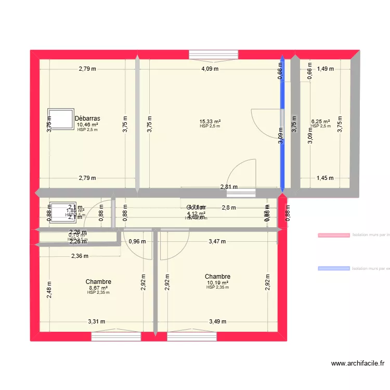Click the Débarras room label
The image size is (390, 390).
87,119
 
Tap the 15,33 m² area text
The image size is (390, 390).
210,121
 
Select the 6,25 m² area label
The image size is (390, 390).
320,121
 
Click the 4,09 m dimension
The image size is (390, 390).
210,69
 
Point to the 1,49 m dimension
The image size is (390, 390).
326,69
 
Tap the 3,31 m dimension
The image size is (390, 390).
96,321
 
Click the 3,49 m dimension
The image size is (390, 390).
217,321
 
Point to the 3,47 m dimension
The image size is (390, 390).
217,241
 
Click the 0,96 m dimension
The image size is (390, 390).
137,241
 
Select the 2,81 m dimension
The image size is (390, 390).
229,187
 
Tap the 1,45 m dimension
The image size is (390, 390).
325,178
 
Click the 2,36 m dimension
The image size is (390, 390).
80,256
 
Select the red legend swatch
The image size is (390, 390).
333,235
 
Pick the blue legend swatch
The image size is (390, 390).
333,268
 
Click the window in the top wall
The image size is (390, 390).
213,54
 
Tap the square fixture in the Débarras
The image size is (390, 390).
60,119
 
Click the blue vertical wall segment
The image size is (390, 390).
282,125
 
